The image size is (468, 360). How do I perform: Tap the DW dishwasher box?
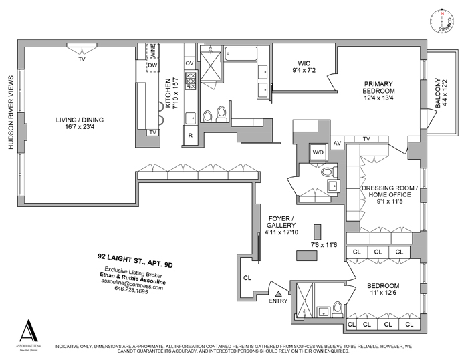(152, 65)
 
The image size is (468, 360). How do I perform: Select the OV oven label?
(189, 63)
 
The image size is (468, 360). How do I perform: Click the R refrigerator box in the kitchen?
(190, 135)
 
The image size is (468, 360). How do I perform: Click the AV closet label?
(338, 142)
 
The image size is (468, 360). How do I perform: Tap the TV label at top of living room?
(82, 59)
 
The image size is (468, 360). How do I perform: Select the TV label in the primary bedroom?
(366, 138)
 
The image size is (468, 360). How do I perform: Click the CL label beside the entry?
(247, 277)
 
